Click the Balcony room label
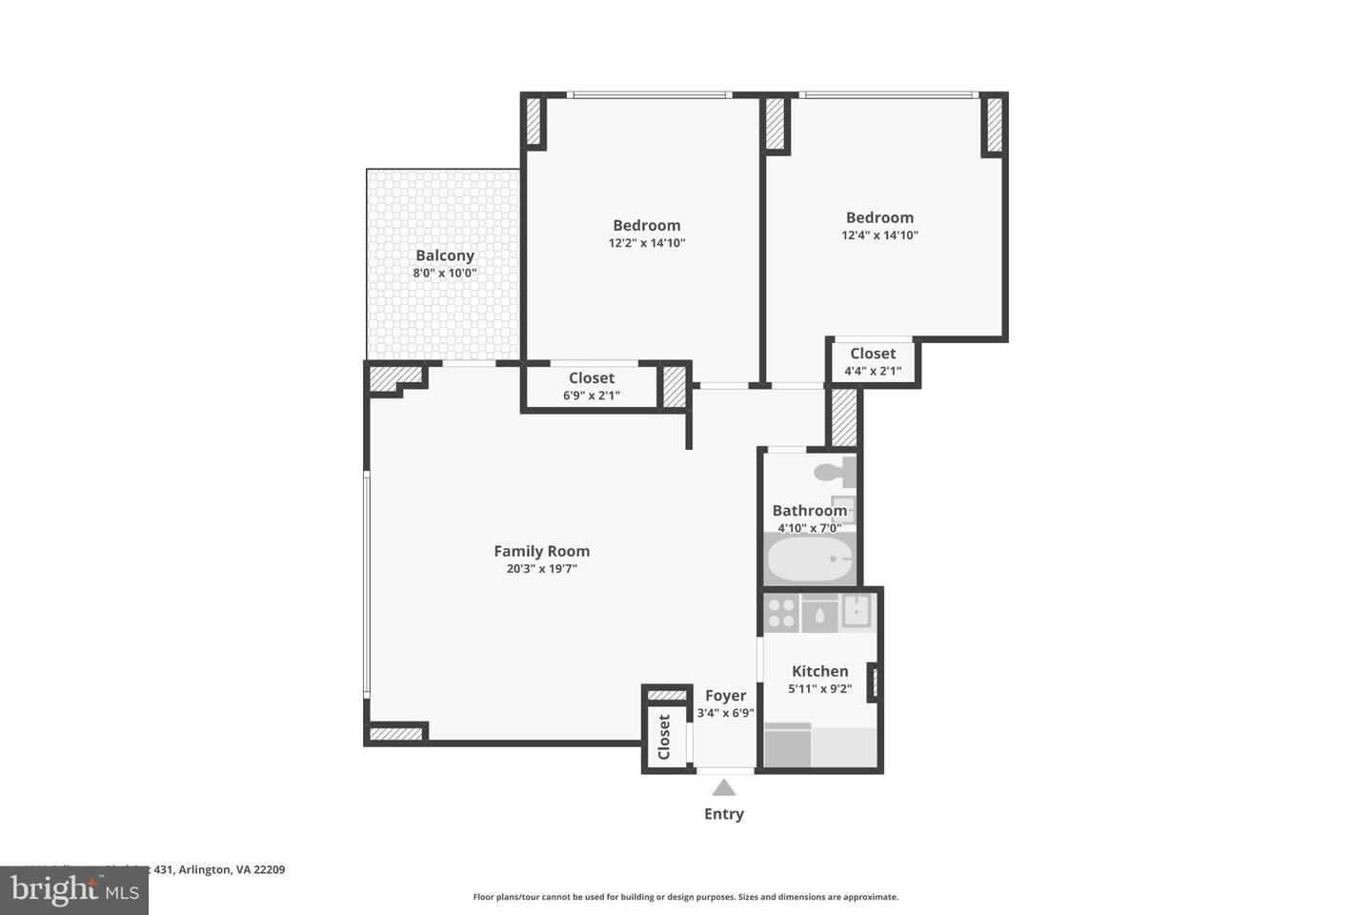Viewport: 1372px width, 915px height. click(444, 255)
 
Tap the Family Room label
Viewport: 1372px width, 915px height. click(541, 551)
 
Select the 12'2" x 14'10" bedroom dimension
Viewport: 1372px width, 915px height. click(646, 243)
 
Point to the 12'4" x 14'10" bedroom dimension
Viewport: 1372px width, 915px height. click(879, 235)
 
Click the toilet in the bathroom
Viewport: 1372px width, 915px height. click(837, 471)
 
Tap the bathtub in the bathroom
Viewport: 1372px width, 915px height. click(811, 559)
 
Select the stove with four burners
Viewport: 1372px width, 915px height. click(782, 613)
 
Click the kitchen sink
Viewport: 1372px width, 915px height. click(857, 612)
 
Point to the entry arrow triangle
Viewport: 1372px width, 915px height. click(724, 787)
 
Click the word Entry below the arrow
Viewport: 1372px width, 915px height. click(724, 814)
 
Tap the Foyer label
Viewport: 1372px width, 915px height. click(725, 696)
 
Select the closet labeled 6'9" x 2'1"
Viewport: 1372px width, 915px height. click(591, 386)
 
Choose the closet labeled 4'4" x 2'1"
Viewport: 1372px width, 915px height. click(873, 362)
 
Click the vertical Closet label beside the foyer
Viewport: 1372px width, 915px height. click(664, 737)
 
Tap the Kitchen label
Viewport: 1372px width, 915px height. click(819, 671)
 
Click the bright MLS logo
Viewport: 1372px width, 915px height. click(73, 890)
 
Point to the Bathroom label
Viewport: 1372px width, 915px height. click(809, 511)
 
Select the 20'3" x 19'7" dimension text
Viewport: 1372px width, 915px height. click(541, 569)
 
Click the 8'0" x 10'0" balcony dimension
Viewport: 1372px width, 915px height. click(444, 274)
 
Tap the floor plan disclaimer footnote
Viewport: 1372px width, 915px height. click(685, 897)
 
